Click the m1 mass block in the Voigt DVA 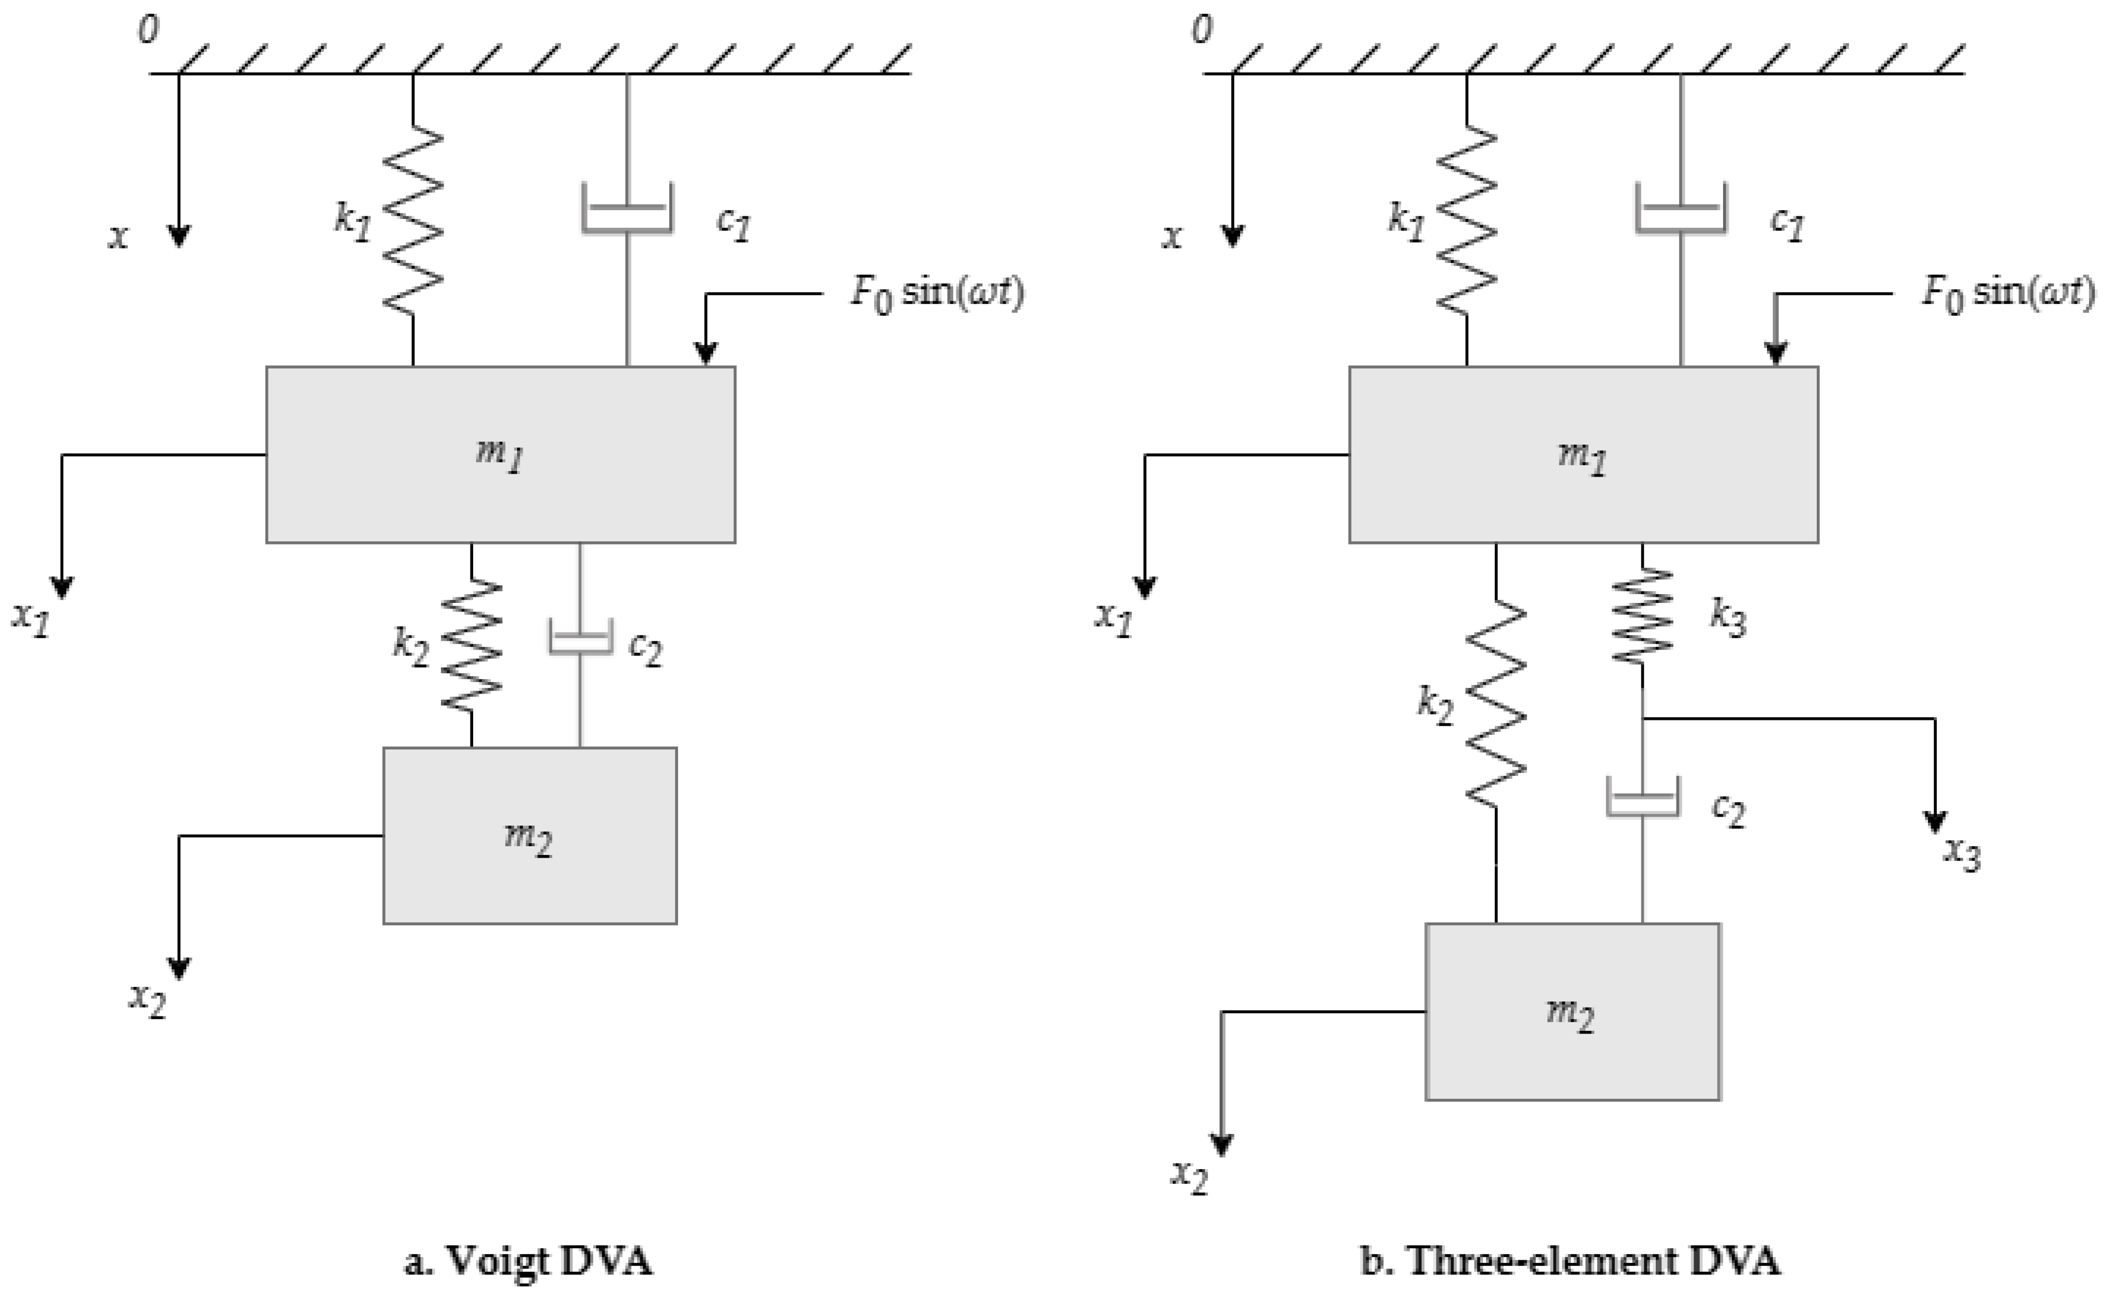click(500, 454)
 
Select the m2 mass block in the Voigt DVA click(529, 835)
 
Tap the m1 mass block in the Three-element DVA click(1583, 454)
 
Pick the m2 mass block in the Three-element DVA click(1572, 1011)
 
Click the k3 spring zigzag click(1642, 615)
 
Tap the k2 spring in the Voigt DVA click(471, 643)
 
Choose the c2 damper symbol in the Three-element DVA click(1642, 797)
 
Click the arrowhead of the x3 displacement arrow click(1935, 822)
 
